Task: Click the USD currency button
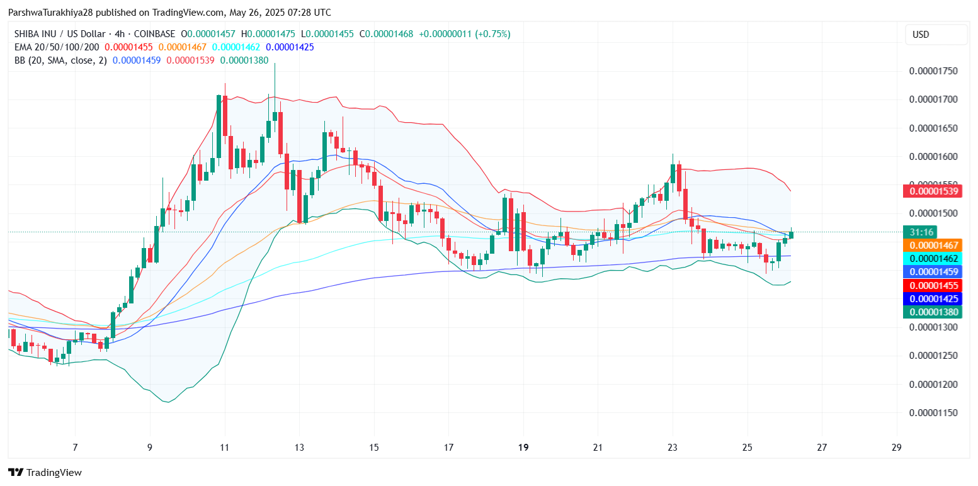point(935,35)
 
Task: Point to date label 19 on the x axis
point(523,448)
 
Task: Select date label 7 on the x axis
point(75,448)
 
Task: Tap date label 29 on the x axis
point(897,448)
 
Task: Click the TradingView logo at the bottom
point(45,472)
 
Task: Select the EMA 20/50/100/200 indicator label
point(57,47)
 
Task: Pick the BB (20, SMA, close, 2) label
point(60,60)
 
